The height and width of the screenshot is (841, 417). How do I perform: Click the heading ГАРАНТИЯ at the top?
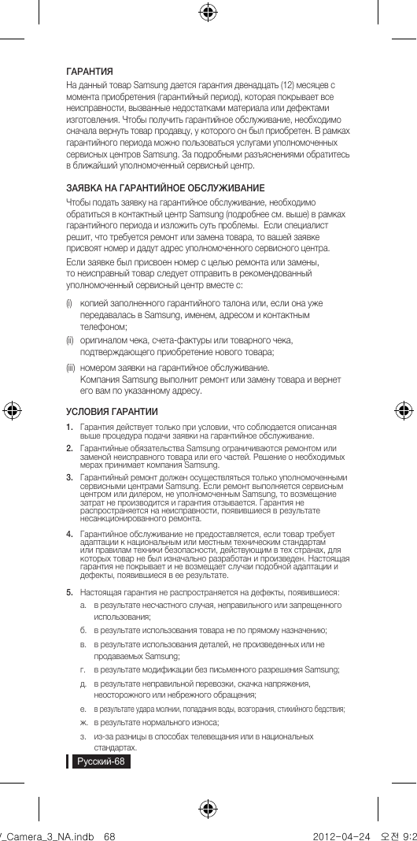click(89, 71)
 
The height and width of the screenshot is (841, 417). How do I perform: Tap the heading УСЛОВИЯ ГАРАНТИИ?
click(112, 412)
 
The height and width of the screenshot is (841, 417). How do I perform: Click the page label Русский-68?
click(100, 762)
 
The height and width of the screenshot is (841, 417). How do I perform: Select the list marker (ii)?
click(70, 340)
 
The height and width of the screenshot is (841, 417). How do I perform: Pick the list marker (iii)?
click(71, 366)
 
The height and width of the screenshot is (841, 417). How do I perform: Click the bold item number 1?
click(70, 427)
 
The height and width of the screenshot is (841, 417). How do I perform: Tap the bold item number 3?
click(70, 477)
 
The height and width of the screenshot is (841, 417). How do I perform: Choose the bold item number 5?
click(70, 591)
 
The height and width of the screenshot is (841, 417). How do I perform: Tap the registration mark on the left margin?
click(13, 409)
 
